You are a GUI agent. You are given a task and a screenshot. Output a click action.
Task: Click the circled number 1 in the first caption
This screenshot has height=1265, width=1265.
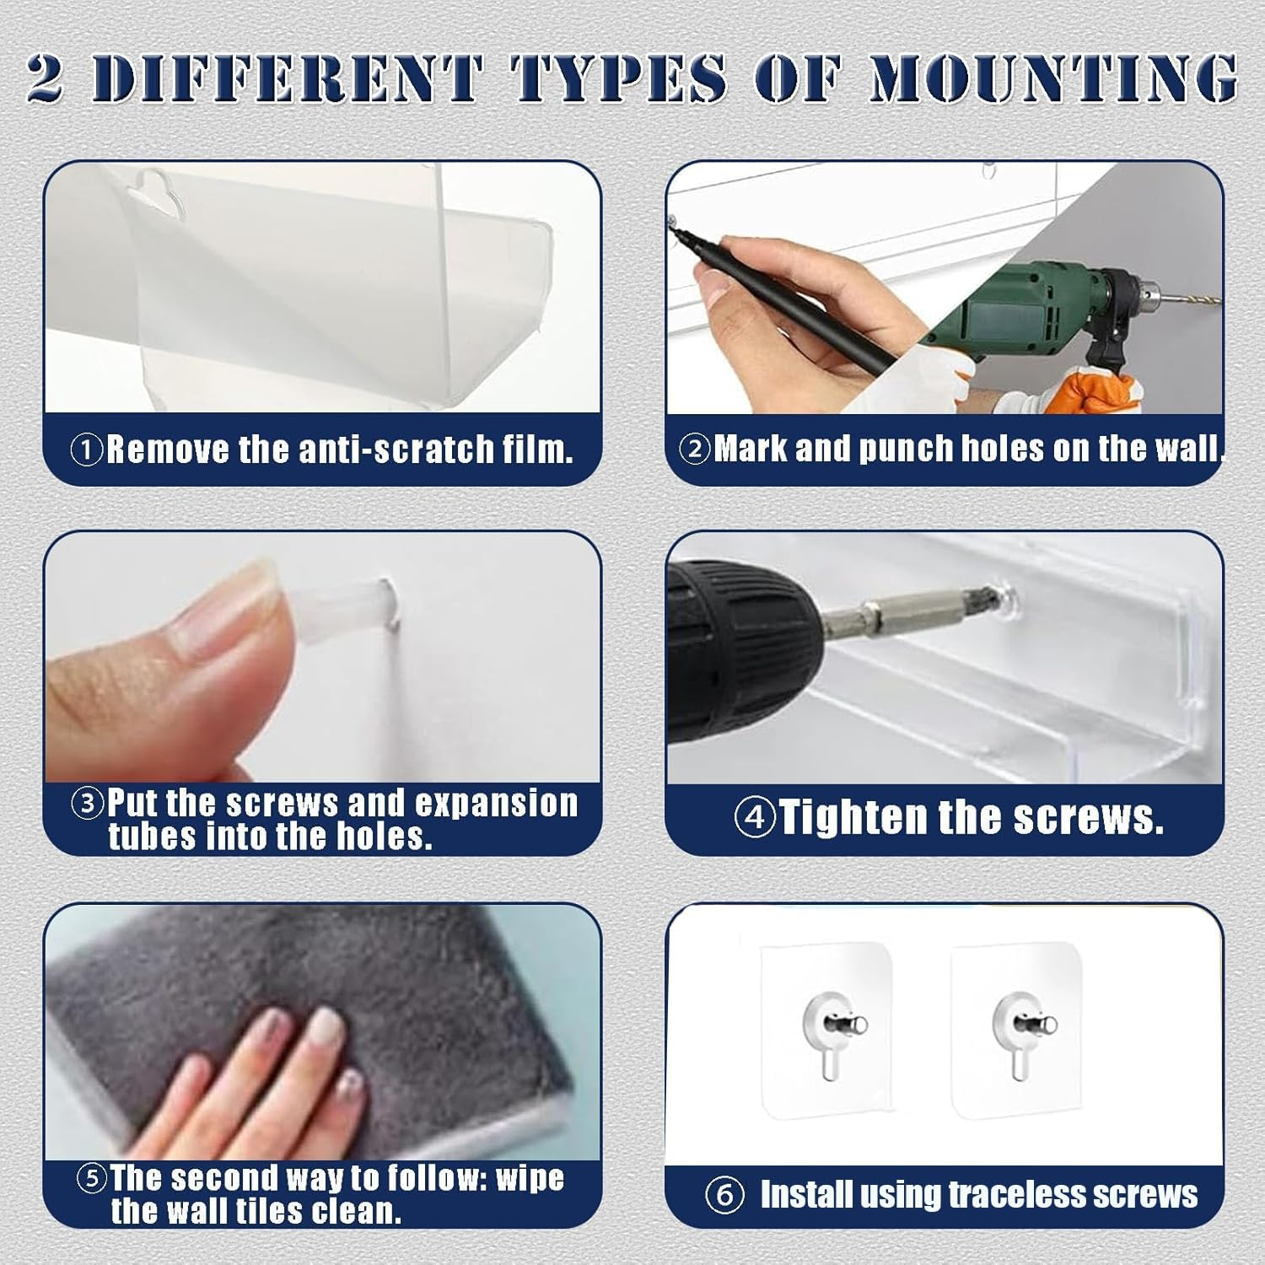[86, 449]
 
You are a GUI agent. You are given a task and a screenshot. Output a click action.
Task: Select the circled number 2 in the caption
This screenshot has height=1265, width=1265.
[696, 449]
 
